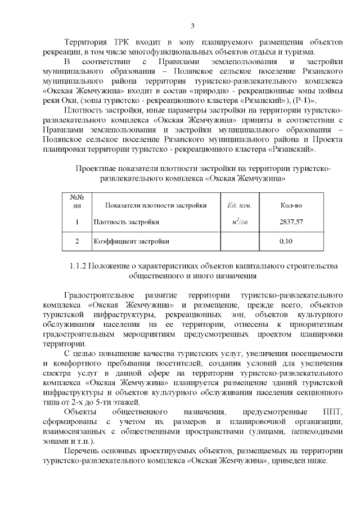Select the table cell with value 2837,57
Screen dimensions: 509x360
[x=291, y=222]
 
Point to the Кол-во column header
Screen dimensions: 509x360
[x=291, y=205]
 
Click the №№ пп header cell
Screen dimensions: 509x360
[x=77, y=201]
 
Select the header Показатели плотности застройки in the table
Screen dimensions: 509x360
[x=156, y=205]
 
